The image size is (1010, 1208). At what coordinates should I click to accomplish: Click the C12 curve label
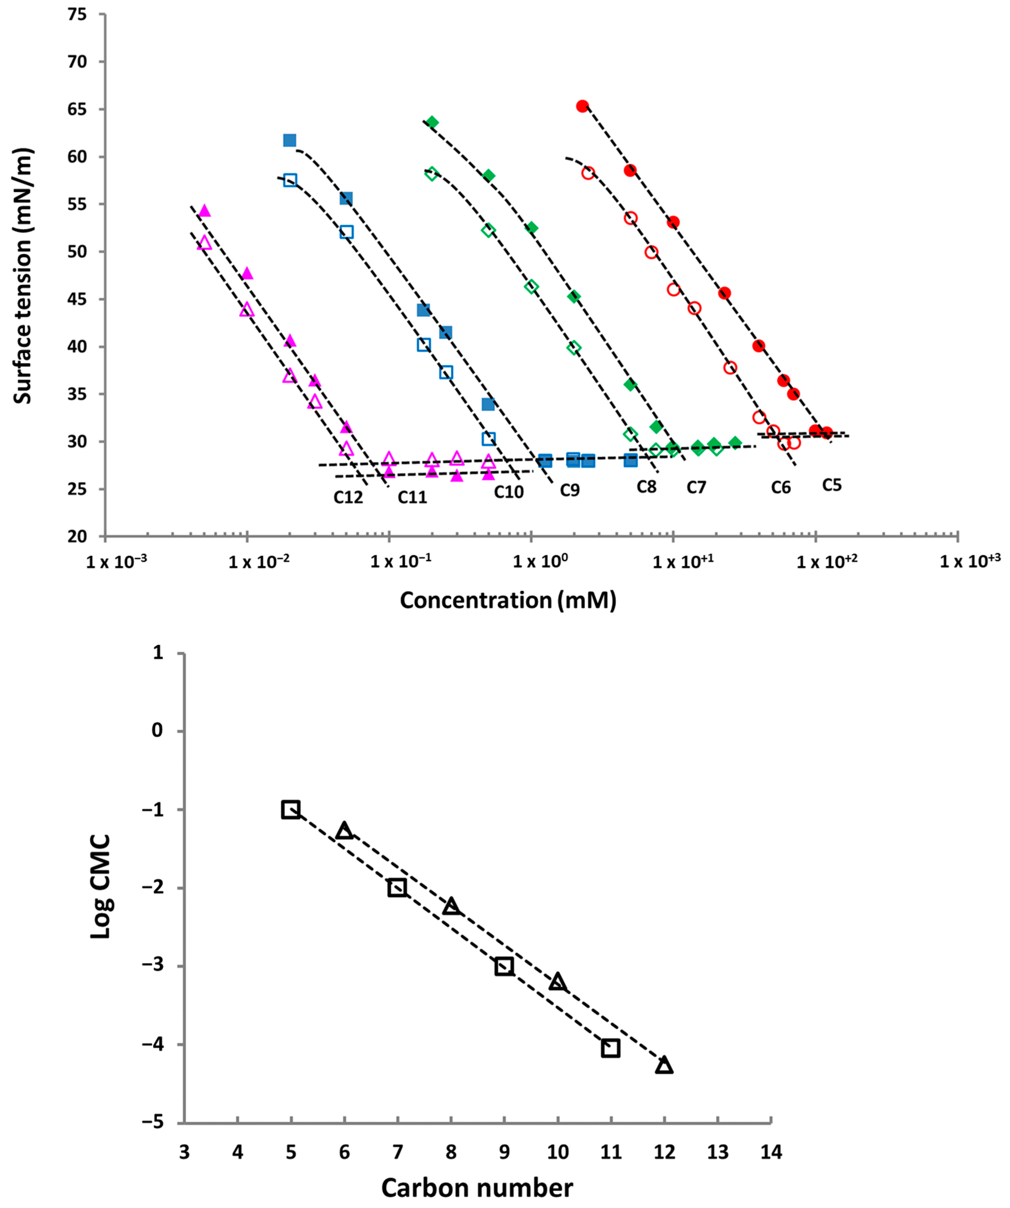(348, 497)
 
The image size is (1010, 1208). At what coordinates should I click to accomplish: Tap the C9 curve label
(570, 490)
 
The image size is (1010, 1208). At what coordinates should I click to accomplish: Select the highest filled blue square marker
(289, 140)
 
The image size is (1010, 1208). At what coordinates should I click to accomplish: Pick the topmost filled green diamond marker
(432, 122)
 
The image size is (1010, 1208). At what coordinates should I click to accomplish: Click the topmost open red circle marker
(588, 173)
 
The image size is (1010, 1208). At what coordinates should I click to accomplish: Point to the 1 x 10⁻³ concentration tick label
(116, 561)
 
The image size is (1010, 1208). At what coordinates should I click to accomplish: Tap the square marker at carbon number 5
(291, 809)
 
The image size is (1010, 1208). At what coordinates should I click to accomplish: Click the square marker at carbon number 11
(611, 1048)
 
